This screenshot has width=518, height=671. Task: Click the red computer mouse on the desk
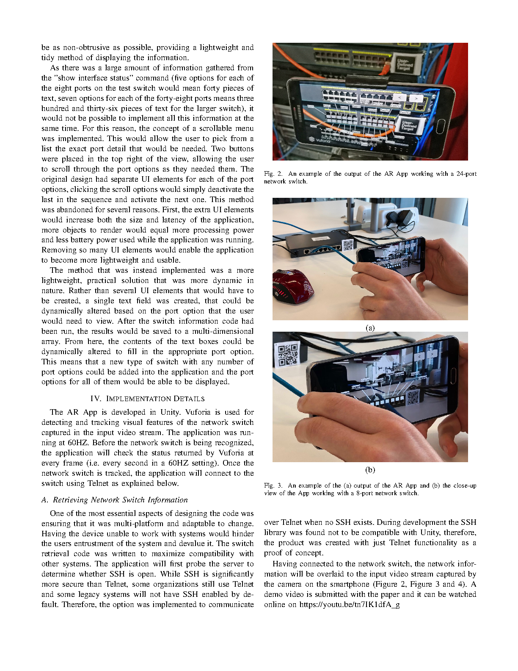click(293, 286)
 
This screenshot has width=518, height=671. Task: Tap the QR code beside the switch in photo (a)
click(348, 245)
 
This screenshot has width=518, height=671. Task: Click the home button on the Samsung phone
click(441, 126)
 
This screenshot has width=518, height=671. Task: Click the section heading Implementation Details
click(147, 399)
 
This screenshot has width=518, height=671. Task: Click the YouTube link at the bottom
click(349, 604)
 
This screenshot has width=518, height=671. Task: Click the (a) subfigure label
click(370, 328)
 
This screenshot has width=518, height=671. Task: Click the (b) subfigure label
click(370, 470)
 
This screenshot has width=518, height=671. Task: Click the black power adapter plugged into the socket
click(405, 217)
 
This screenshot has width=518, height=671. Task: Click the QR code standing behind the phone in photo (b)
click(288, 354)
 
